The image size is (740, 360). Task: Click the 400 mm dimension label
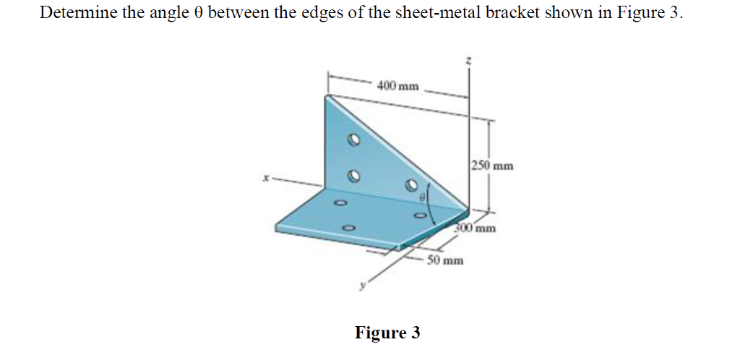[x=397, y=86]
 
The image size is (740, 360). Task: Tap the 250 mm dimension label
[x=492, y=165]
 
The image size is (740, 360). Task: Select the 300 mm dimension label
[x=476, y=229]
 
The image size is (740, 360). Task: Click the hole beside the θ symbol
[x=410, y=185]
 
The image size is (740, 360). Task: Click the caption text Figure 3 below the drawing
[x=387, y=333]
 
